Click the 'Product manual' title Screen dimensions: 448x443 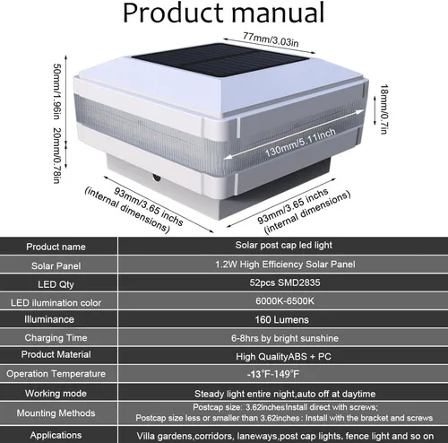(x=223, y=13)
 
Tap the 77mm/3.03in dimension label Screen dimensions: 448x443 (x=271, y=39)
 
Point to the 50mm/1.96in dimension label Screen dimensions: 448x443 (x=56, y=91)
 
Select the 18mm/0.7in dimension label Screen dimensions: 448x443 (x=383, y=109)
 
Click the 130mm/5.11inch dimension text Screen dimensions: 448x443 (x=300, y=143)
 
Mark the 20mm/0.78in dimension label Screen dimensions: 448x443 (x=56, y=155)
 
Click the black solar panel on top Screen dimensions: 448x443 (x=220, y=60)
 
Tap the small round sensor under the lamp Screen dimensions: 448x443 (x=157, y=178)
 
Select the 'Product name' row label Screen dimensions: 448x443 (x=56, y=247)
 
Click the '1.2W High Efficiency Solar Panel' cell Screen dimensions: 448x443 (x=285, y=265)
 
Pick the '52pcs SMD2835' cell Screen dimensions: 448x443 (x=285, y=282)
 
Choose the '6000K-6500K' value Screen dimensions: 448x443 (x=285, y=301)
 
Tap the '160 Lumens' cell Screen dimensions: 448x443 (x=281, y=320)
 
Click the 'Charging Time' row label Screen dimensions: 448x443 (x=56, y=338)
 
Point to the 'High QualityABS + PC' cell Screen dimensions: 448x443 (x=283, y=357)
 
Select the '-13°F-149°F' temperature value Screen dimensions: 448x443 (x=273, y=374)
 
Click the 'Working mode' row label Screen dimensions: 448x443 (x=56, y=394)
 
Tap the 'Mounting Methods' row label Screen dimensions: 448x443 (x=56, y=413)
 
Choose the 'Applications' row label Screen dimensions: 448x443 (x=56, y=435)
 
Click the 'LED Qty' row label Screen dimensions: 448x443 (x=56, y=284)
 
